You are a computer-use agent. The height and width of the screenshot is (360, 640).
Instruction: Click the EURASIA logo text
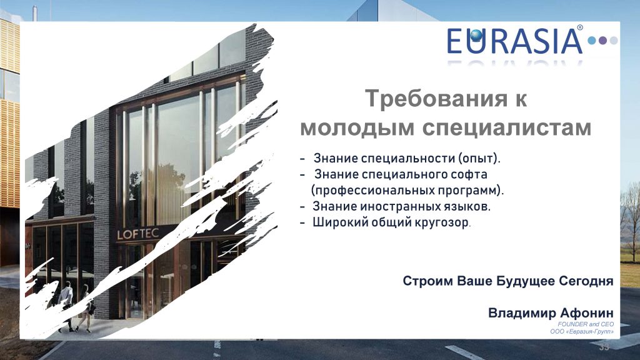click(514, 41)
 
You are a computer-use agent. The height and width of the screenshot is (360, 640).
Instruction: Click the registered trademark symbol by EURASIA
click(579, 28)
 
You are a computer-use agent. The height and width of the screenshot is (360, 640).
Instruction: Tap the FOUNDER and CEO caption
click(586, 324)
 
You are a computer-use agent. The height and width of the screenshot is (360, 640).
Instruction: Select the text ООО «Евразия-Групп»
click(581, 332)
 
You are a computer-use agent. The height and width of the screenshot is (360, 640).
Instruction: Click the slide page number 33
click(604, 347)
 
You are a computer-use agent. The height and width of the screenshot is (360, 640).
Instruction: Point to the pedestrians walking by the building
click(75, 306)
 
